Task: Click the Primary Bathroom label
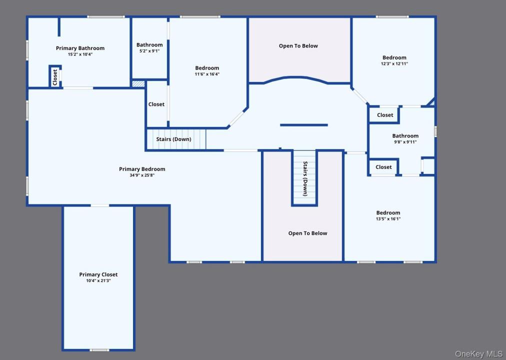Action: coord(80,48)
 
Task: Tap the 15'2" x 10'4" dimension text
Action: coord(80,54)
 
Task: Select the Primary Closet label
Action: coord(98,274)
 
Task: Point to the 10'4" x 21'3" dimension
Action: coord(98,280)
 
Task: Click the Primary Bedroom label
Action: coord(142,169)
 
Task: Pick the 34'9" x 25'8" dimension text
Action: coord(142,175)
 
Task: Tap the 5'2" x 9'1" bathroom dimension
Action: coord(149,51)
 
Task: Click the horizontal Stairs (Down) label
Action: coord(173,139)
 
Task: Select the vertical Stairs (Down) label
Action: coord(305,178)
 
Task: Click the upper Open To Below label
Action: coord(298,46)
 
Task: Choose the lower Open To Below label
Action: coord(308,233)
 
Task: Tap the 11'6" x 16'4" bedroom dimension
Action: coord(207,74)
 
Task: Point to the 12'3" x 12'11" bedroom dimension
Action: coord(394,63)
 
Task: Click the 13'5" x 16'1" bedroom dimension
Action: coord(388,218)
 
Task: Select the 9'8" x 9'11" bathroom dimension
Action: coord(405,142)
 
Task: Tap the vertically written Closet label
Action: coord(55,77)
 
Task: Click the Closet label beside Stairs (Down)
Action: coord(156,104)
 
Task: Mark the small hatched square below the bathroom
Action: coord(138,84)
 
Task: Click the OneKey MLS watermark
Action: coord(478,354)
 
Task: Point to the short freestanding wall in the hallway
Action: coord(304,125)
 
